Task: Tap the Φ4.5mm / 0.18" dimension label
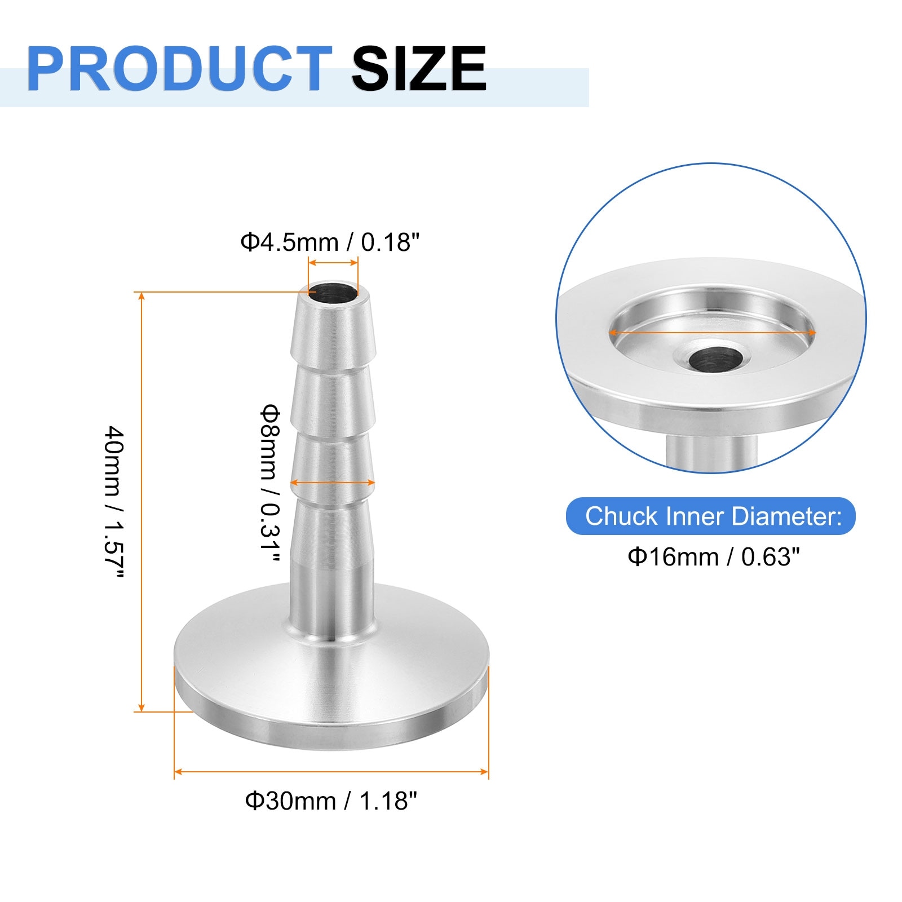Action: [330, 242]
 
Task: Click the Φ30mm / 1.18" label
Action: [331, 801]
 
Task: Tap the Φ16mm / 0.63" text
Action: [714, 557]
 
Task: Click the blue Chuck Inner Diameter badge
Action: [711, 516]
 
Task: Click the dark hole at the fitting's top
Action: [333, 293]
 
